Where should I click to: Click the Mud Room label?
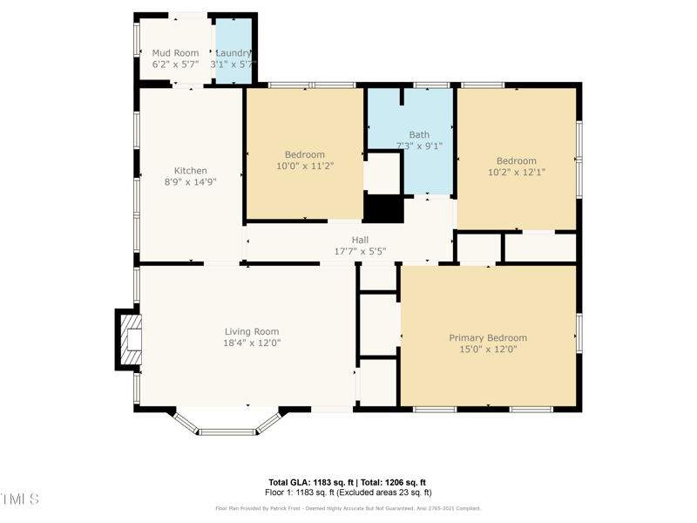pos(175,53)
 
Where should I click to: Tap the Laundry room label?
pos(233,53)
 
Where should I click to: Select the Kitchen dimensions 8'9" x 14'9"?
pos(191,182)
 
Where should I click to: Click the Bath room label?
pos(419,135)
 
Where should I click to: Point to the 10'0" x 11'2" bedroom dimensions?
pos(305,166)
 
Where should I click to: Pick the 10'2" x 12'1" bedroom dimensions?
pos(517,172)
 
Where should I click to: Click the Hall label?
pos(360,240)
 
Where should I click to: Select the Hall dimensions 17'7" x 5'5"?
pos(360,251)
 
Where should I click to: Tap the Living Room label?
pos(251,331)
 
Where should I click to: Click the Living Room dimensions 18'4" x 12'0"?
pos(251,343)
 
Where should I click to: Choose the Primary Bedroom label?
pos(488,337)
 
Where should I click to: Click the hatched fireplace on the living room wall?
pos(129,339)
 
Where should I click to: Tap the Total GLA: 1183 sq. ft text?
pos(309,482)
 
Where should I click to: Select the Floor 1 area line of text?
pos(348,492)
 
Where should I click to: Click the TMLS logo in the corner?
pos(19,499)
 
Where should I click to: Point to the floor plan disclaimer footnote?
pos(348,508)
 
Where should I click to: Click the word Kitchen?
pos(191,171)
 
